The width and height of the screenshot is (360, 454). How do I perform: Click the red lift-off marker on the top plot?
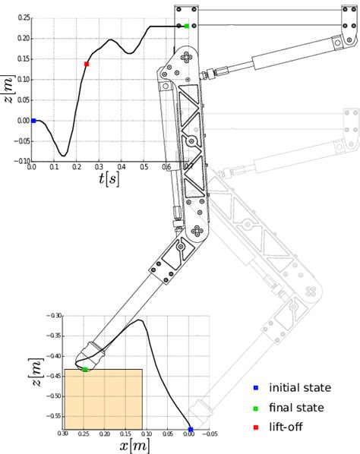pyautogui.click(x=87, y=64)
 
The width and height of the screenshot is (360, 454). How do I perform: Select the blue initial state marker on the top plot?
pyautogui.click(x=33, y=121)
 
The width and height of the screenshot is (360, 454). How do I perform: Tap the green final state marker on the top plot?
pyautogui.click(x=187, y=26)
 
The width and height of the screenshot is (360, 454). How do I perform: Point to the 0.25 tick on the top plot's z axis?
pyautogui.click(x=23, y=17)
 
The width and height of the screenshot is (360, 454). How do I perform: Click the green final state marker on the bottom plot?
pyautogui.click(x=84, y=369)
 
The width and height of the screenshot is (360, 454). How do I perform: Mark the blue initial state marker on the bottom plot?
pyautogui.click(x=190, y=430)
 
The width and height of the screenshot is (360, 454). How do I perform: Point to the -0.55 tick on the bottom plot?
pyautogui.click(x=53, y=416)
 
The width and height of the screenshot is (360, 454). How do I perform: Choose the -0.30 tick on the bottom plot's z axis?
pyautogui.click(x=53, y=315)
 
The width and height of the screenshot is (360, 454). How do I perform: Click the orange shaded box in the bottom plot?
pyautogui.click(x=103, y=399)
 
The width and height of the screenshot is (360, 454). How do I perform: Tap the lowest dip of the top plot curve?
pyautogui.click(x=64, y=155)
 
